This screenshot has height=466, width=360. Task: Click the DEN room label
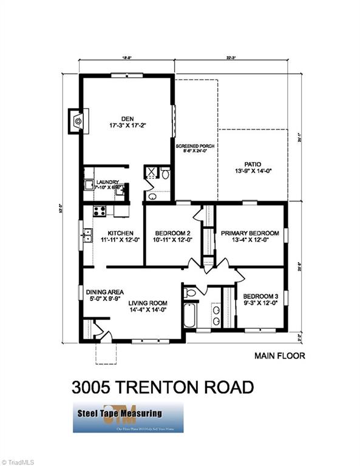tap(127, 118)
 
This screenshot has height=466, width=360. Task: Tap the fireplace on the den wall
tap(78, 121)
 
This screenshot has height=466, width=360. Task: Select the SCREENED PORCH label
tap(195, 146)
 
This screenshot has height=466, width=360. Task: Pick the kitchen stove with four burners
tap(98, 211)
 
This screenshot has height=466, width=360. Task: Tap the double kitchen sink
tap(87, 232)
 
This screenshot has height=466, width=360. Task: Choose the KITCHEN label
tap(120, 233)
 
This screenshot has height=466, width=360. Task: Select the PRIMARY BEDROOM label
tap(250, 233)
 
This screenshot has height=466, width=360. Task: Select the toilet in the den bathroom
tap(165, 174)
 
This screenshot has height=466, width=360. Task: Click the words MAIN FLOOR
tap(279, 356)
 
